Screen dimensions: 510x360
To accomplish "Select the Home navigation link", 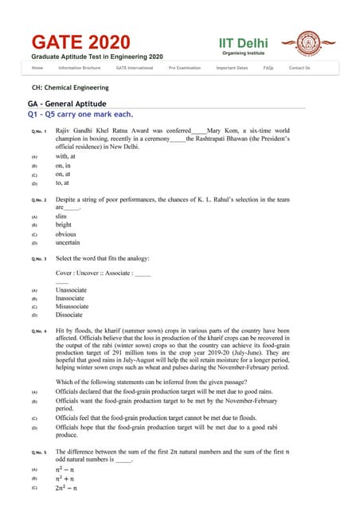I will pos(37,69).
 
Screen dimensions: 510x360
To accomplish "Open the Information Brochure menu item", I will pos(80,69).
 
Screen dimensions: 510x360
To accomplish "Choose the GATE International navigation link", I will pos(134,69).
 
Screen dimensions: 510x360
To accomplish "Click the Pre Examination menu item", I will pos(184,69).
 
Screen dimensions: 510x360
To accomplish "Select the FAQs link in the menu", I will pos(268,69).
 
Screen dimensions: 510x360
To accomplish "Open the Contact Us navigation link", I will pos(299,69).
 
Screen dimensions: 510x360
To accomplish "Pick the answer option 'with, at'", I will pos(66,157).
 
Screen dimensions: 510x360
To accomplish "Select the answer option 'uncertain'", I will pos(67,242).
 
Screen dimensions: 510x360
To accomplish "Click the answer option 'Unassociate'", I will pos(71,290).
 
